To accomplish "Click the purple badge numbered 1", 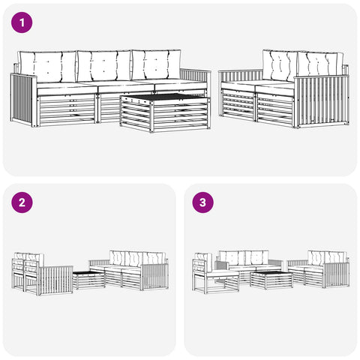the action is [x=22, y=22].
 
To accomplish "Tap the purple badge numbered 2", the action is [x=22, y=202].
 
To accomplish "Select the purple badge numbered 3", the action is [x=202, y=202].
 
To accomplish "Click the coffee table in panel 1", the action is [x=165, y=112].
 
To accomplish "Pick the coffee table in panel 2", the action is [x=88, y=280].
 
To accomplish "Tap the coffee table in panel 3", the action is [x=271, y=280].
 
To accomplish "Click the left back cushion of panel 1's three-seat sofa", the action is [x=48, y=67].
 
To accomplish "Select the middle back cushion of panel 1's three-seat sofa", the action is [x=104, y=66].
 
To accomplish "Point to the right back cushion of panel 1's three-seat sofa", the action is [x=157, y=64].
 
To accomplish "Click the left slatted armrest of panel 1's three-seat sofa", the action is [x=24, y=100].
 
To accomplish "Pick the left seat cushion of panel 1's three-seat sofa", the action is [x=67, y=89].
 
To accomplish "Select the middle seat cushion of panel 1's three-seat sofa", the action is [x=126, y=87].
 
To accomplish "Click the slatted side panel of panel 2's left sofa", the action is [x=56, y=280].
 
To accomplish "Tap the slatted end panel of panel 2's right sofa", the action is [x=155, y=276].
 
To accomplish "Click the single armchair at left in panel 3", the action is [x=215, y=273].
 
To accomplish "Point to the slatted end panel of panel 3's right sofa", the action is [x=337, y=274].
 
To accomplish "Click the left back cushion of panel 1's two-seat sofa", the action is [x=280, y=65].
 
